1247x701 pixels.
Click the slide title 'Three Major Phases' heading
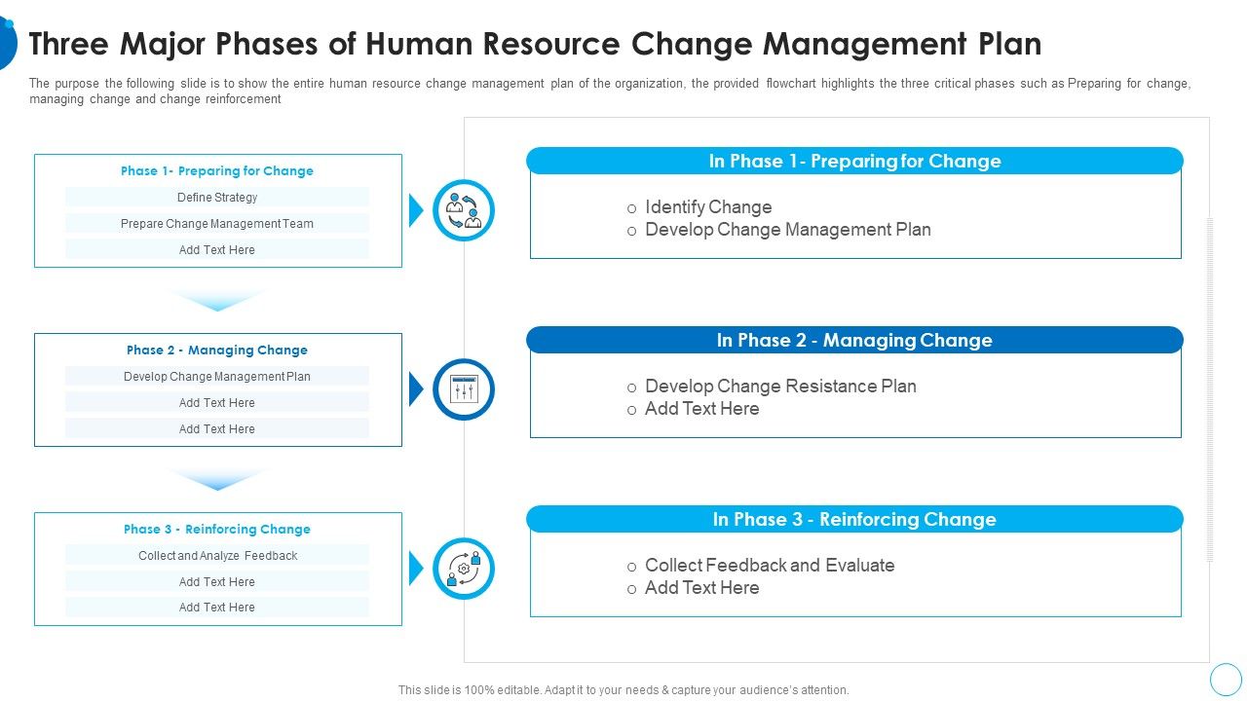point(535,44)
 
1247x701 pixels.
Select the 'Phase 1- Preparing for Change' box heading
point(217,170)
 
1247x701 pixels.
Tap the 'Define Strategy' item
point(217,198)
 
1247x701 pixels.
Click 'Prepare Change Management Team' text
point(217,224)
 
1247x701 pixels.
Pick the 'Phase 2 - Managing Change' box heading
point(217,350)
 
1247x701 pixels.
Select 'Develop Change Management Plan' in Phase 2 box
point(217,377)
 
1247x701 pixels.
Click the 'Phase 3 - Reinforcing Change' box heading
point(217,529)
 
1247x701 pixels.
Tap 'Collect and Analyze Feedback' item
point(217,556)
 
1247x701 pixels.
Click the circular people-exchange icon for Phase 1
point(464,210)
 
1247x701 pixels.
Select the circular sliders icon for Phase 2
point(464,389)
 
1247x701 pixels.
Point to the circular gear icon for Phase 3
point(464,569)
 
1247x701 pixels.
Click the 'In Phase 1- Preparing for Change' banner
point(854,162)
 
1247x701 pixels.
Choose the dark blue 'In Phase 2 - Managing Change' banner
point(854,341)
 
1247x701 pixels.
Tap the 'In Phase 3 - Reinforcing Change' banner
point(854,520)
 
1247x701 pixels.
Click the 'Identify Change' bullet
point(708,207)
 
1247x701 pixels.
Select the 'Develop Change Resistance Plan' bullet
point(780,387)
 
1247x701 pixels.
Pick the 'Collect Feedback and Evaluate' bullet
point(770,566)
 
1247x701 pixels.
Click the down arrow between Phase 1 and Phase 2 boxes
point(217,300)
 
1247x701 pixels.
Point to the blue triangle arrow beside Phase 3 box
point(416,569)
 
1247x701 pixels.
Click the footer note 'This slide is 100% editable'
point(623,689)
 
